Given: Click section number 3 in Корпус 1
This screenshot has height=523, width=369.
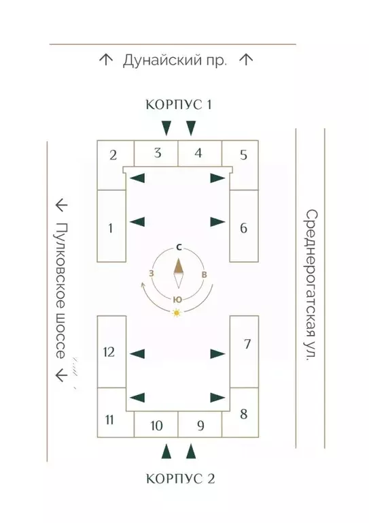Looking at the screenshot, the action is (x=158, y=153).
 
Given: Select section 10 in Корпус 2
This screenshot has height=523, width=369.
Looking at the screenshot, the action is (x=156, y=426).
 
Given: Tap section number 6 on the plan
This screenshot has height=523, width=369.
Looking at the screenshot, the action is (x=243, y=228).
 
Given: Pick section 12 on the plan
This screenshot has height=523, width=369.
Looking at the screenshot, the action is (x=109, y=352).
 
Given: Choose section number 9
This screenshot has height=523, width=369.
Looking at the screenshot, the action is (x=200, y=426).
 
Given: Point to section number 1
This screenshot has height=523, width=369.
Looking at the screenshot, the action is (x=111, y=228).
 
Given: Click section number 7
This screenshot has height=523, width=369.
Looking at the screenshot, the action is (x=247, y=344).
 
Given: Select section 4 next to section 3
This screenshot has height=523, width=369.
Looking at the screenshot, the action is (x=198, y=153).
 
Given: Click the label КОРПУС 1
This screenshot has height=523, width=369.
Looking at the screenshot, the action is (x=179, y=104).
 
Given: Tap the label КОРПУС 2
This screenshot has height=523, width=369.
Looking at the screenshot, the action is (x=180, y=479).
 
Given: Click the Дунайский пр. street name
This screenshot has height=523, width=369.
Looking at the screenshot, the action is (x=175, y=61).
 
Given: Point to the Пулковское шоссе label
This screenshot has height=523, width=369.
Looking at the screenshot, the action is (x=60, y=291).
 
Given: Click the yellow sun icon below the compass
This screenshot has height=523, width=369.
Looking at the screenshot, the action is (x=177, y=313).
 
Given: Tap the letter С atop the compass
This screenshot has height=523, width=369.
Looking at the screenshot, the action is (x=179, y=247).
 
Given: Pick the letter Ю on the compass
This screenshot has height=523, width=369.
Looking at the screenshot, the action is (x=178, y=300).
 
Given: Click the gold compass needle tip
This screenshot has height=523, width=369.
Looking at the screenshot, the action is (x=179, y=259).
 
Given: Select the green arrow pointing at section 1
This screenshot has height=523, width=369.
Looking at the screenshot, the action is (x=137, y=221).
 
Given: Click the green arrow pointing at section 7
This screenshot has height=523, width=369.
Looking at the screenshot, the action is (x=218, y=353).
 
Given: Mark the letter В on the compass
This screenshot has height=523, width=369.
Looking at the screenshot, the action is (x=205, y=274).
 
